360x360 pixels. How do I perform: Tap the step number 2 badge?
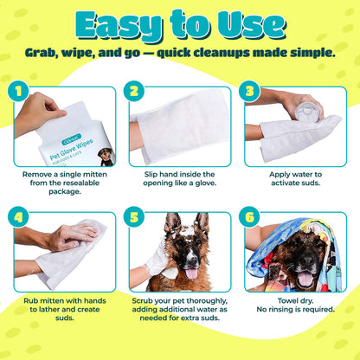134,89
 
